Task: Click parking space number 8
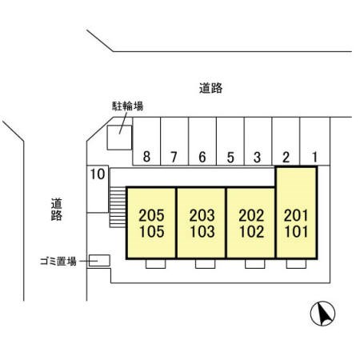(146, 142)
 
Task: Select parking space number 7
(174, 142)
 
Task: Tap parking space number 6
(202, 142)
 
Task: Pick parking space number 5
(230, 142)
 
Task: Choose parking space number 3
(258, 142)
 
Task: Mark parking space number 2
(286, 142)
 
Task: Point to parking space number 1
(315, 142)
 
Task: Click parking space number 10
(98, 189)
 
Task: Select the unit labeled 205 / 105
(151, 223)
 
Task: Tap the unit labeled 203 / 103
(202, 223)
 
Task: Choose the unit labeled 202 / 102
(251, 223)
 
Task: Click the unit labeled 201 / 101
(296, 213)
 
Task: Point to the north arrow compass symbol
(322, 314)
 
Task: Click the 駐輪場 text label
(127, 106)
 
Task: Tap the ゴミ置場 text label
(58, 262)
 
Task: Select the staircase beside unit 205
(118, 207)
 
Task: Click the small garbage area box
(99, 261)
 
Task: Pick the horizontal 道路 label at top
(210, 88)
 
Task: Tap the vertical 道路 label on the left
(57, 210)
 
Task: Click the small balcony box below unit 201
(296, 264)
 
